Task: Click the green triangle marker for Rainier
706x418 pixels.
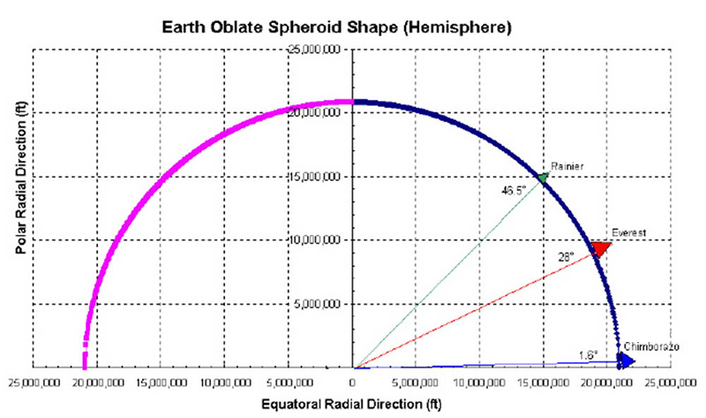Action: click(x=542, y=177)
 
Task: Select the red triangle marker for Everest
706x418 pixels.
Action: click(x=601, y=247)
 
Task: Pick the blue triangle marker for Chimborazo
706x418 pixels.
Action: click(x=625, y=360)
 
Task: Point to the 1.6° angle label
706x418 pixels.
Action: click(x=588, y=354)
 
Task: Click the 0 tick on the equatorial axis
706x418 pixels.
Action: click(x=352, y=381)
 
